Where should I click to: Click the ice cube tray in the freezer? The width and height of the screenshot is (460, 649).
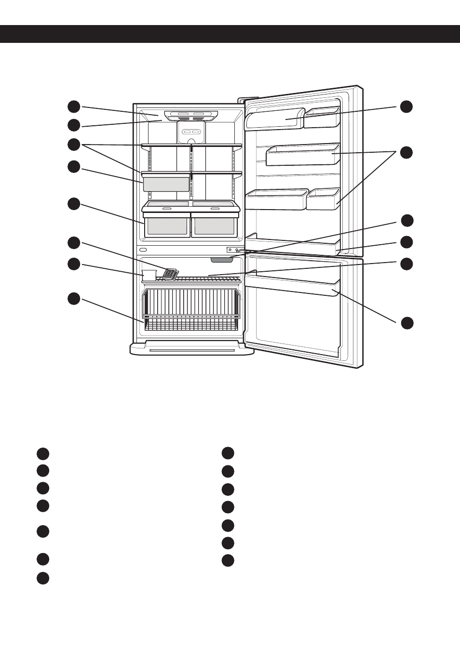170,274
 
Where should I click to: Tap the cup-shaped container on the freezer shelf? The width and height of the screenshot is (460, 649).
149,275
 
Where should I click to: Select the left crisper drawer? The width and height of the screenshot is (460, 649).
167,225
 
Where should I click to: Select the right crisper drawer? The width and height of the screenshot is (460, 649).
214,225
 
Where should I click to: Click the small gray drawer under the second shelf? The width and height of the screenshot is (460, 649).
166,184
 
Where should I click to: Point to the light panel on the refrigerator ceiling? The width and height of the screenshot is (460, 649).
191,116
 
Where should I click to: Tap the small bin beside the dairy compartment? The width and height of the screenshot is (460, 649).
322,118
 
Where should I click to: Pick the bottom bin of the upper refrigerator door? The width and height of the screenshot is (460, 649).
292,245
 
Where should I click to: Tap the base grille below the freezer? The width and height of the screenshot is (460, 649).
192,348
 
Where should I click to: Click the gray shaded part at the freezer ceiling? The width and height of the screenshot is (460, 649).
222,260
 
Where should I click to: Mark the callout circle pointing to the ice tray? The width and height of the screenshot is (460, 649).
74,242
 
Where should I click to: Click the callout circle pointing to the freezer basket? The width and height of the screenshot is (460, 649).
74,298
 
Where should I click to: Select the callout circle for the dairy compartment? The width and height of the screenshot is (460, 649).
406,106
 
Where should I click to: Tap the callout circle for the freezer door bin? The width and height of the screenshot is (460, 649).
407,323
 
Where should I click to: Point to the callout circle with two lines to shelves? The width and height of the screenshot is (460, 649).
74,144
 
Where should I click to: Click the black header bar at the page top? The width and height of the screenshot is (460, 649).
230,34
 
